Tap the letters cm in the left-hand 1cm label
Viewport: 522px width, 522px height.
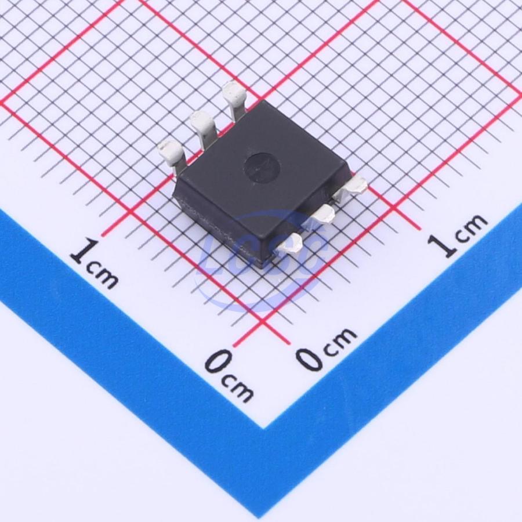point(101,275)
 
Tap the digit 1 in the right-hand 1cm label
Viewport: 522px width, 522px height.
point(442,245)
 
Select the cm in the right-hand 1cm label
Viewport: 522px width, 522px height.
point(470,227)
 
